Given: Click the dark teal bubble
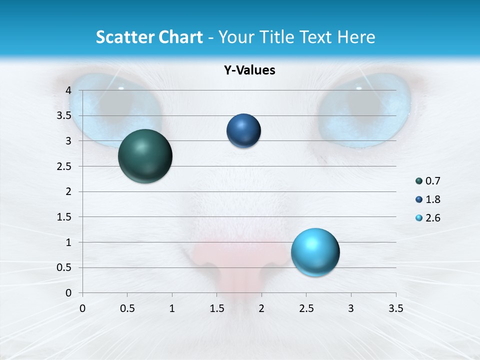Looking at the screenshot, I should (x=145, y=156).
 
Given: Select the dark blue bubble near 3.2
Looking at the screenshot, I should (x=243, y=131).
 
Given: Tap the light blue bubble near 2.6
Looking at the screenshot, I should (x=315, y=252).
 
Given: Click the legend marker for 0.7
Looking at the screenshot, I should (x=419, y=181).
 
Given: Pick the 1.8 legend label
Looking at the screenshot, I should (x=432, y=199).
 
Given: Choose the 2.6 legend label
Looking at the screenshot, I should (x=432, y=218).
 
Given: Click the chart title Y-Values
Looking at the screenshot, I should (x=249, y=70).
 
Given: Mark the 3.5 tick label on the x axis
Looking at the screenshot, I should (x=395, y=308).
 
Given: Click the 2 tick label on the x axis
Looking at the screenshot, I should (x=261, y=308).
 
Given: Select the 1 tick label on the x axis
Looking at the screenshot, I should (x=172, y=308).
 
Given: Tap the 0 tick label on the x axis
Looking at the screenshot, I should (x=82, y=308).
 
